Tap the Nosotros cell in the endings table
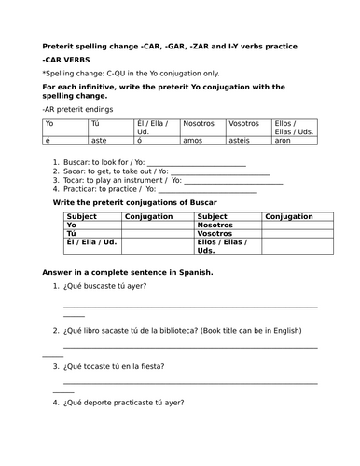[x=198, y=123]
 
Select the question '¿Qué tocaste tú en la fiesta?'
[x=118, y=367]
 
